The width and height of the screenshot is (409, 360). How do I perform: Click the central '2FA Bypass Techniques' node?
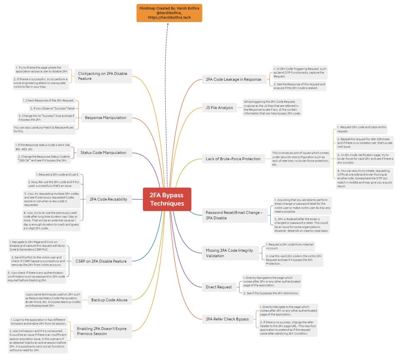pos(167,199)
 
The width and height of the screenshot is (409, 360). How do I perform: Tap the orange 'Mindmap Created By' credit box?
pos(169,12)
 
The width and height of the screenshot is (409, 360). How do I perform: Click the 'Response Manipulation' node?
pos(105,118)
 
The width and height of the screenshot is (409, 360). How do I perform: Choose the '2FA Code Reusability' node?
pos(108,199)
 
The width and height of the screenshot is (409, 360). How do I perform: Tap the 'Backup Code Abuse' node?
pos(109,299)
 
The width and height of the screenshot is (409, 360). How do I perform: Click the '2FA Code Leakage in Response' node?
pos(233,79)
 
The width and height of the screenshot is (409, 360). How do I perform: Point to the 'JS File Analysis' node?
pos(220,108)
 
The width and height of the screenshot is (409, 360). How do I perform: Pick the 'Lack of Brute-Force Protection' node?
pos(233,159)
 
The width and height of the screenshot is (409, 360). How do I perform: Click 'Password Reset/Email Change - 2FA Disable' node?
pos(234,215)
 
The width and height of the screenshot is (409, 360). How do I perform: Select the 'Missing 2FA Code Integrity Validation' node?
pos(229,253)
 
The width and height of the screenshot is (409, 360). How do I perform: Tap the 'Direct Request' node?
pos(219,287)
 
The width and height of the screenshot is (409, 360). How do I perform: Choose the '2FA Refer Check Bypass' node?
pos(227,319)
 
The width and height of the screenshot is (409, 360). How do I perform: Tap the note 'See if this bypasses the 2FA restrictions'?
pos(271,293)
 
